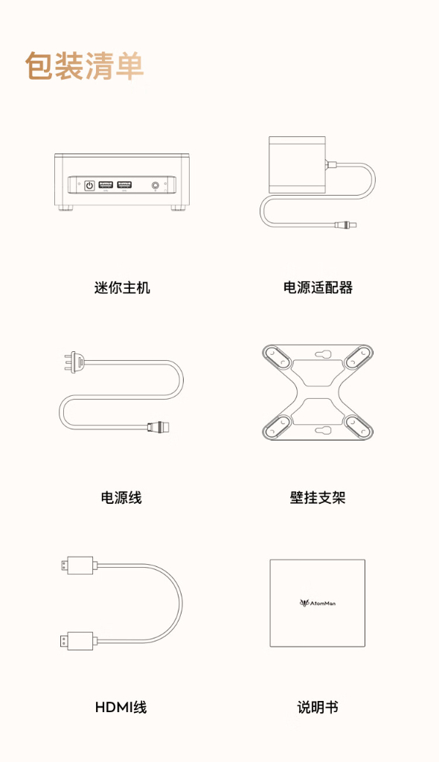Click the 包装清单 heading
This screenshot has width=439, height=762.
tap(85, 65)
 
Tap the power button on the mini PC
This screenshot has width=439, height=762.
tap(89, 185)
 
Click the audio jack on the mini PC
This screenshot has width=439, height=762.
tap(156, 185)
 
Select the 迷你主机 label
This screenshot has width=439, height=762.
tap(122, 287)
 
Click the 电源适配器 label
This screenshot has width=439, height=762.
tap(318, 287)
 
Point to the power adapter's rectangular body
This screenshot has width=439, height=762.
tap(297, 165)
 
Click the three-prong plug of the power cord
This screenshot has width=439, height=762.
tap(74, 362)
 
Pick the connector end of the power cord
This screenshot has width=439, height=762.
tap(158, 427)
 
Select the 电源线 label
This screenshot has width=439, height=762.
tap(121, 498)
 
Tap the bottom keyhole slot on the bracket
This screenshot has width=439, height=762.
tap(323, 430)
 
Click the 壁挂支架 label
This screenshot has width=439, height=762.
tap(318, 498)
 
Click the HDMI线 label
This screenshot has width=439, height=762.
tap(121, 708)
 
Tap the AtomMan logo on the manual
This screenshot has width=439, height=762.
tap(317, 603)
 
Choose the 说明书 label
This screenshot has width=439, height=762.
tap(318, 708)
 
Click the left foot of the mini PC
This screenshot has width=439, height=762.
tap(66, 208)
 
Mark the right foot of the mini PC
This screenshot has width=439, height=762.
tap(178, 208)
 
